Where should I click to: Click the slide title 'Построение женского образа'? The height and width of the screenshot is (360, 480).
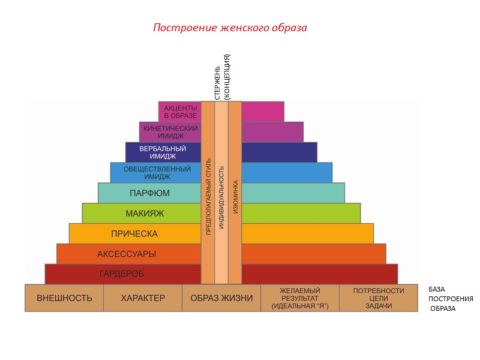(x=230, y=28)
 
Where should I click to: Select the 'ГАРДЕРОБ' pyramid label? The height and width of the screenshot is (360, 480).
(x=121, y=274)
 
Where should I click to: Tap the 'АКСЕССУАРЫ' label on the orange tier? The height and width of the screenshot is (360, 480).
(x=127, y=254)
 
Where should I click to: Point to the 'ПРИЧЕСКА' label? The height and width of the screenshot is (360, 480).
(x=134, y=233)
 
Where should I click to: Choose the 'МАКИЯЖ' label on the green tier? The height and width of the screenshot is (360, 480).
(x=145, y=213)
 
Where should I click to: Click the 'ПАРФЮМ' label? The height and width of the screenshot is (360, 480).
(x=149, y=193)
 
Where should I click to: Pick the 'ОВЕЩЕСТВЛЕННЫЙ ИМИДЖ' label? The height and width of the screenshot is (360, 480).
(x=157, y=173)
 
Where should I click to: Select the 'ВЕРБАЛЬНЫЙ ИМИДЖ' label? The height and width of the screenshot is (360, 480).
(x=163, y=152)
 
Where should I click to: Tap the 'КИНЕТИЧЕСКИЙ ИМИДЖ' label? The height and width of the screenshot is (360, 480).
(x=170, y=132)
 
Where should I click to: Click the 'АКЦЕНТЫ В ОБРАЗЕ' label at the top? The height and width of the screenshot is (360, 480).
(x=181, y=112)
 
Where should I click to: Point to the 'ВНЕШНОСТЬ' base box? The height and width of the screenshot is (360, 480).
(x=64, y=298)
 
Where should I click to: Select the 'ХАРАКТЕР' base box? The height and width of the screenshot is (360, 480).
(x=143, y=298)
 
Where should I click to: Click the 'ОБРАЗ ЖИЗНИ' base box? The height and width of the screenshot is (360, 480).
(x=221, y=298)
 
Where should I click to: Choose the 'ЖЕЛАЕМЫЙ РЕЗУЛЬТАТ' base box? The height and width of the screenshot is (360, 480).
(x=300, y=298)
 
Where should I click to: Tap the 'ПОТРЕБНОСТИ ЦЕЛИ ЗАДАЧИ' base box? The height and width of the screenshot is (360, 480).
(x=379, y=298)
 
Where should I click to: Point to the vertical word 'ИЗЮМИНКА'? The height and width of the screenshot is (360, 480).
(x=235, y=197)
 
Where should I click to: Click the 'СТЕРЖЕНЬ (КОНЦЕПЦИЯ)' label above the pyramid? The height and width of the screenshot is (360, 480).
(x=222, y=77)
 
